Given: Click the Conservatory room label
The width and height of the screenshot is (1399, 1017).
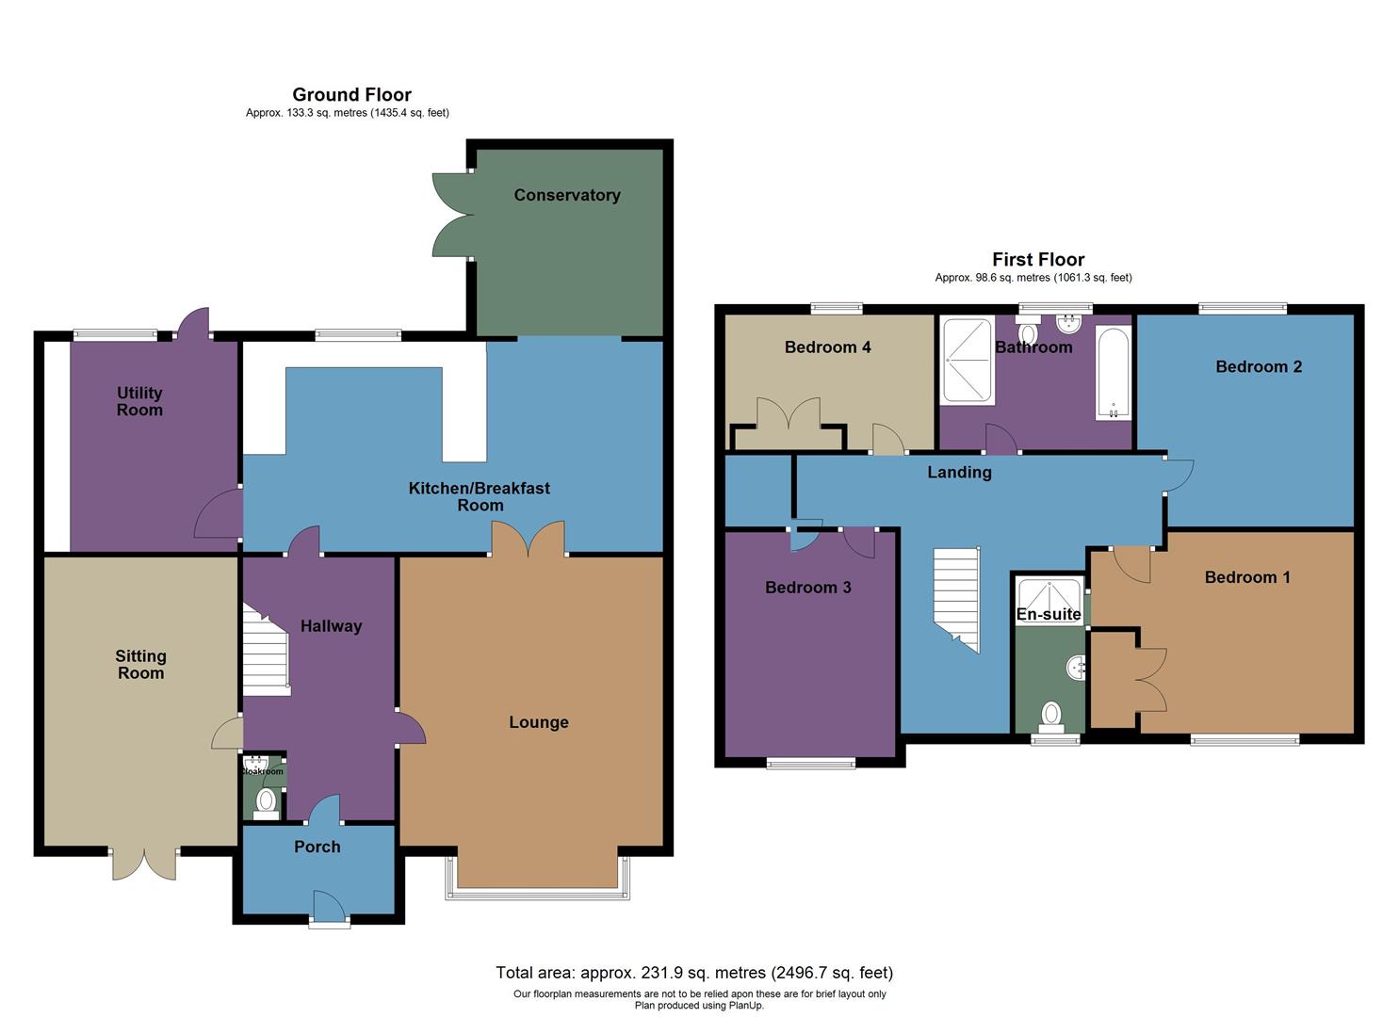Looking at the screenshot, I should (x=566, y=195).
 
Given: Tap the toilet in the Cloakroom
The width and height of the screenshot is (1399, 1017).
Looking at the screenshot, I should (x=267, y=801).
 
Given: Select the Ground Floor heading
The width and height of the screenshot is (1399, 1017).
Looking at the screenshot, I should (x=351, y=94).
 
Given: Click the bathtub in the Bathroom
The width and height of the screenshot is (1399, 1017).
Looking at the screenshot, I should (x=1113, y=373).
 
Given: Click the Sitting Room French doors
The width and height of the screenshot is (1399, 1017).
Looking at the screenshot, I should (x=144, y=864).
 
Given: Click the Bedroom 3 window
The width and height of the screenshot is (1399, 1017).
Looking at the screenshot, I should (x=810, y=763).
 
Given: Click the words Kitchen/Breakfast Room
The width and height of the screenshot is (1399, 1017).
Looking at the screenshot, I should (x=480, y=496).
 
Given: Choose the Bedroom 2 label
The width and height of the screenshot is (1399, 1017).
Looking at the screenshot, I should (x=1258, y=366).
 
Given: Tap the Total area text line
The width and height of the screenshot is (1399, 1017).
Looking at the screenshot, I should (x=694, y=973).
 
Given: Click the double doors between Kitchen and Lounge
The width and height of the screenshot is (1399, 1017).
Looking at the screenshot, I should (x=528, y=540).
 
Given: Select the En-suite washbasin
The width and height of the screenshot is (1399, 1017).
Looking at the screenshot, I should (x=1077, y=668).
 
